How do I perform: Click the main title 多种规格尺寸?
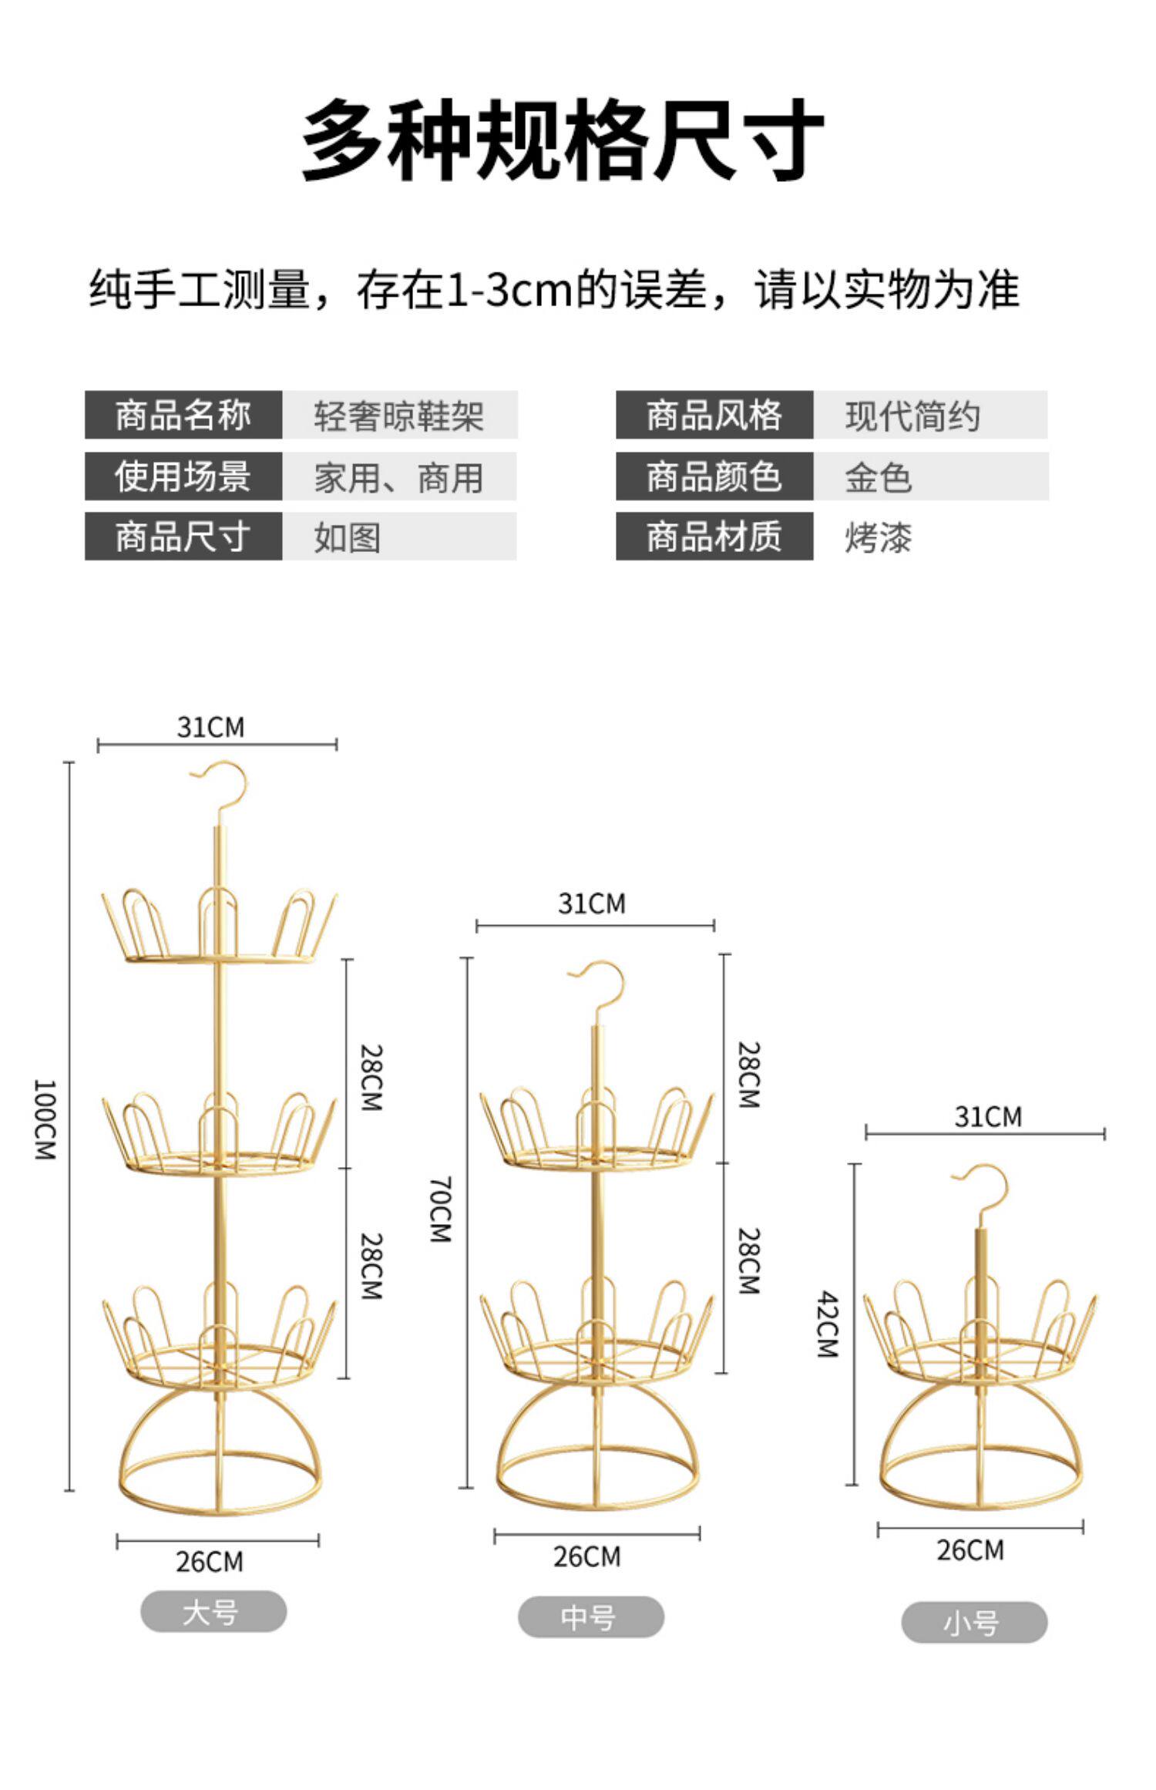tap(562, 140)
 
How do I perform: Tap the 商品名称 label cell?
tap(183, 416)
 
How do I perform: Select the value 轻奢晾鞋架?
tap(398, 416)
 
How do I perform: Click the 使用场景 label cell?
tap(183, 476)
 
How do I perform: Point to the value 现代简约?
tap(912, 416)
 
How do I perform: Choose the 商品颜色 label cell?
tap(714, 476)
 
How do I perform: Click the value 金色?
tap(879, 477)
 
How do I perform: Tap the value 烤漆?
tap(879, 537)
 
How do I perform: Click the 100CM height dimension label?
tap(45, 1119)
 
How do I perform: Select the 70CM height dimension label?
tap(439, 1209)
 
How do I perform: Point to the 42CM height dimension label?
tap(828, 1324)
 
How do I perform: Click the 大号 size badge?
tap(213, 1612)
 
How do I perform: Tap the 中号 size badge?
tap(590, 1617)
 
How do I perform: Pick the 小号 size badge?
tap(973, 1623)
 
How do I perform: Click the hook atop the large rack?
tap(222, 786)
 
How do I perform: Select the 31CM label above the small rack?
tap(988, 1116)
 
